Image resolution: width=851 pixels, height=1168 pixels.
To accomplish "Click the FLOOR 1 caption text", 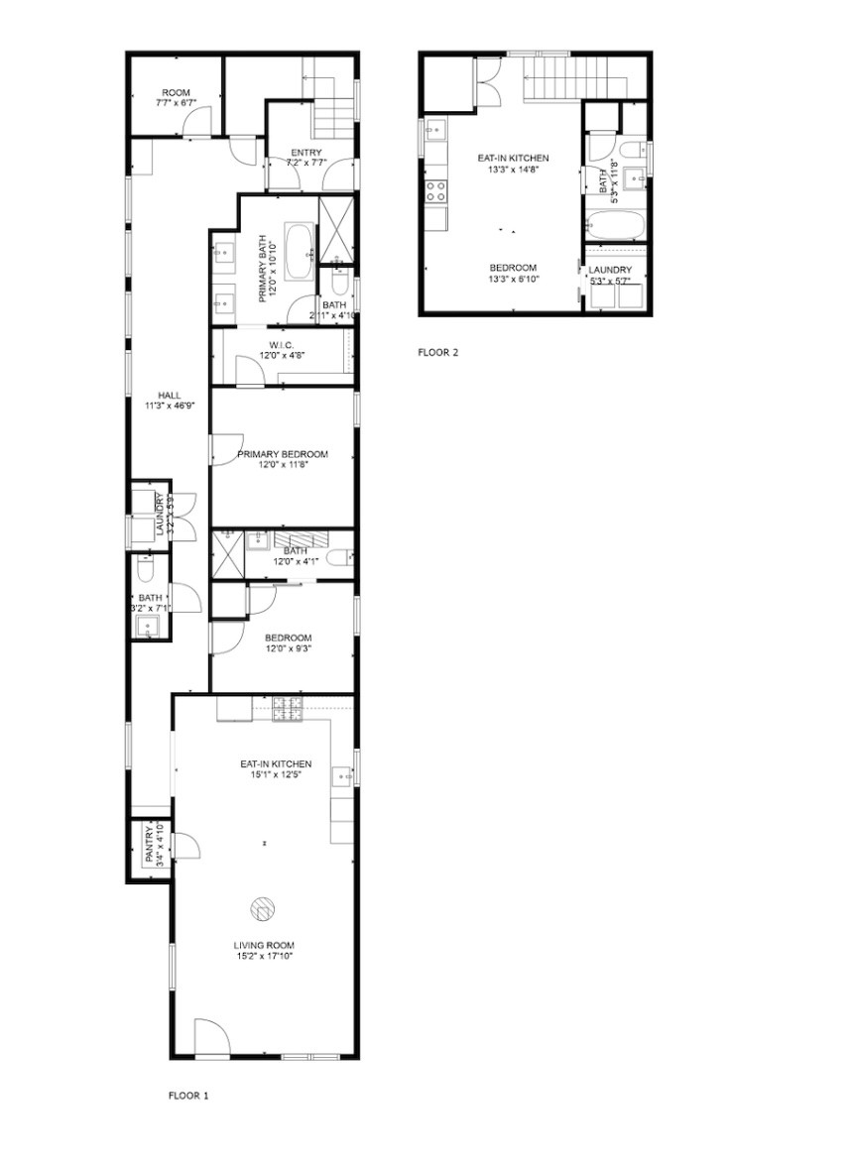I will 188,1096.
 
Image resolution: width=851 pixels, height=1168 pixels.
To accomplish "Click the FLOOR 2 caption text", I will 438,352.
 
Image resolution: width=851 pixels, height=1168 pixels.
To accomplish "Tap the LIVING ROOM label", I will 264,945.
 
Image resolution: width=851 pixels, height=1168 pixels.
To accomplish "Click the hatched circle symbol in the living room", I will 263,907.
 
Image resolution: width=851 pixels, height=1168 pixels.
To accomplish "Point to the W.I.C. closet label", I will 282,344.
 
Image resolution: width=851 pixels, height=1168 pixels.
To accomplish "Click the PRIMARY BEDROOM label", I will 282,454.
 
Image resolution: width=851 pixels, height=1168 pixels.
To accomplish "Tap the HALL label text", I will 155,395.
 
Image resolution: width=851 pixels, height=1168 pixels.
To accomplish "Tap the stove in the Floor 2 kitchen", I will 436,190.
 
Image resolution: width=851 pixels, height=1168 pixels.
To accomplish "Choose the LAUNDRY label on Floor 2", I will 610,271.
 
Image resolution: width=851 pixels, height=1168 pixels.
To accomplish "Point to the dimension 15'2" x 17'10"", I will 264,957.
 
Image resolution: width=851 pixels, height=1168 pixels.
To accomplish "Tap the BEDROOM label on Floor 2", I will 513,268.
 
